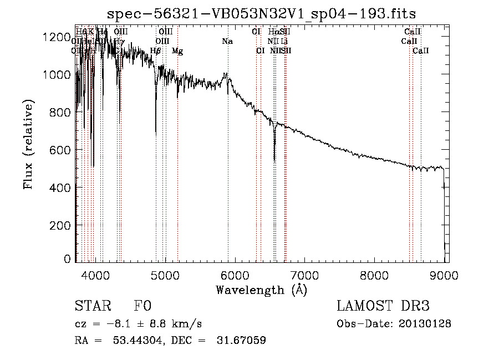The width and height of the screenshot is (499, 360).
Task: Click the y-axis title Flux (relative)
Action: (x=28, y=144)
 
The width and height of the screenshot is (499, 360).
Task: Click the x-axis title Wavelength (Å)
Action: (x=261, y=290)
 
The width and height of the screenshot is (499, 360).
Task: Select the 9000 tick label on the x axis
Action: (x=444, y=274)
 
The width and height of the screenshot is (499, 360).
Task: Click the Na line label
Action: (x=227, y=41)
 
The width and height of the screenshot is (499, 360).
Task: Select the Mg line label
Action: (x=177, y=50)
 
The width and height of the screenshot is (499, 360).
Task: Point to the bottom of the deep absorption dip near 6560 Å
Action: (x=274, y=161)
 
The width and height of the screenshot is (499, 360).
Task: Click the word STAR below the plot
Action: (x=91, y=306)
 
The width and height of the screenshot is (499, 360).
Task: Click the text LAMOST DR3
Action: (x=383, y=306)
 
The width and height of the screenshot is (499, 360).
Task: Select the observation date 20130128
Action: (x=425, y=323)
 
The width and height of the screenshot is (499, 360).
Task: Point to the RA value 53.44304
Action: (x=136, y=340)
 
